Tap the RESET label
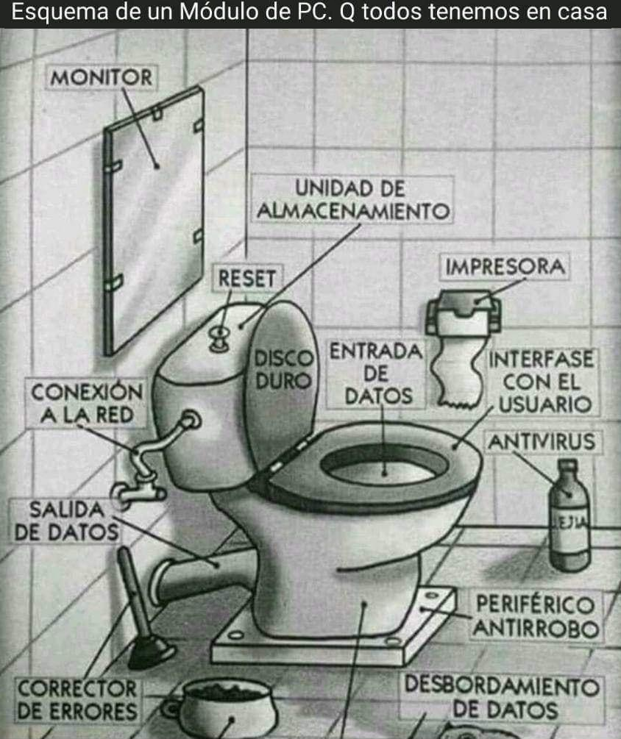[x=247, y=278]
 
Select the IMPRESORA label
[x=505, y=267]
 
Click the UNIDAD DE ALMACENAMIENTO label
[x=352, y=200]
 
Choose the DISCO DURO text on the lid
[x=283, y=370]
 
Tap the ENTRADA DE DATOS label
[x=376, y=374]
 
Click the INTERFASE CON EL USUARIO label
[x=542, y=382]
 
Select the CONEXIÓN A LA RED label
[x=86, y=404]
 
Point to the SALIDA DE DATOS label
[x=66, y=521]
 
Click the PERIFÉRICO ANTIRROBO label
[x=536, y=616]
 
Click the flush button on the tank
[x=219, y=338]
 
